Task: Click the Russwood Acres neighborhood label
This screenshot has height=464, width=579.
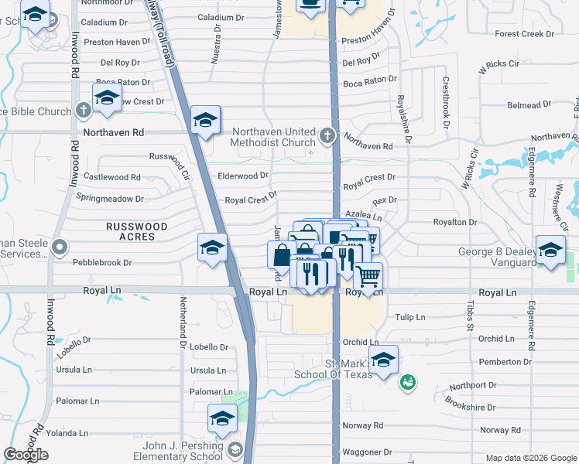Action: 137,231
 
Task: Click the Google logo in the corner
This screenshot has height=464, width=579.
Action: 26,455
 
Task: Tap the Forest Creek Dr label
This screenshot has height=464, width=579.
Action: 525,34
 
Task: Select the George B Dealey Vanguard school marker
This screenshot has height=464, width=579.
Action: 550,251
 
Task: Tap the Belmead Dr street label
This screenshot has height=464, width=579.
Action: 529,105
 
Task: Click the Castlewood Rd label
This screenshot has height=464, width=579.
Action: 112,177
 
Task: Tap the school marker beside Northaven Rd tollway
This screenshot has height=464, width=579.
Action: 206,121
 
